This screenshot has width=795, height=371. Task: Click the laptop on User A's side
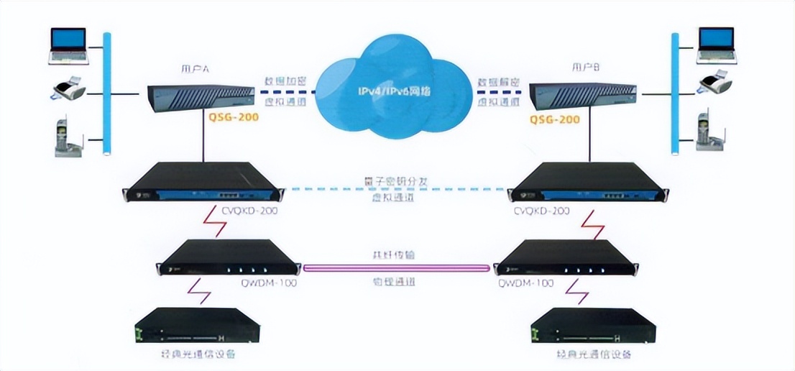tap(68, 45)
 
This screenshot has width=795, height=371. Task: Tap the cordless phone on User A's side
tap(68, 136)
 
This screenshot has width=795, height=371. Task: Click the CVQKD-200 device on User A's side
tap(203, 183)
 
